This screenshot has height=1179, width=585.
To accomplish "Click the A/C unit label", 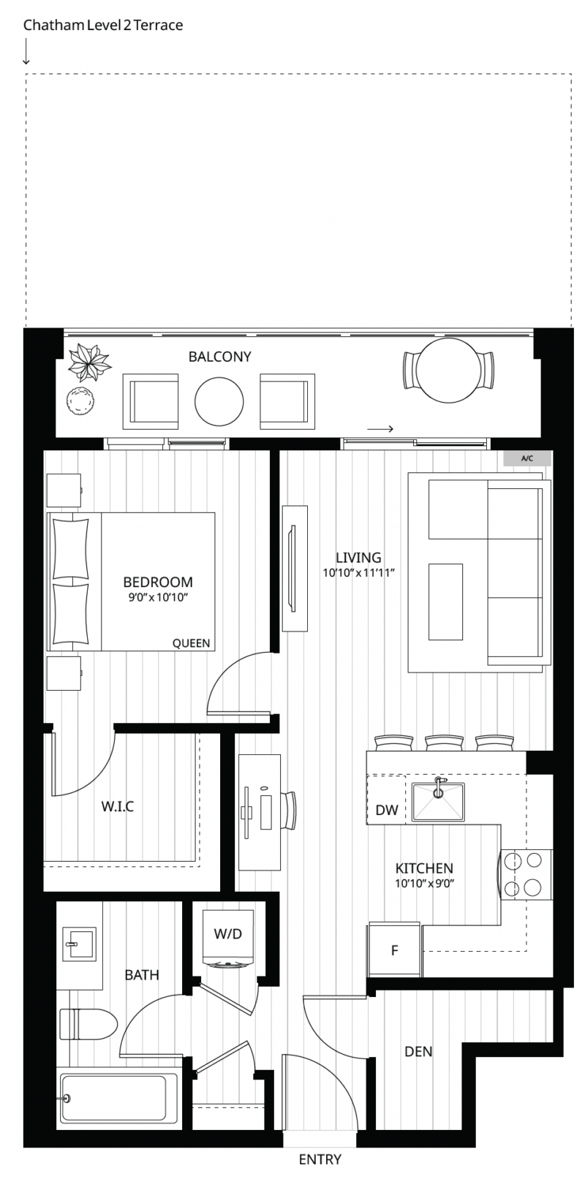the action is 527,458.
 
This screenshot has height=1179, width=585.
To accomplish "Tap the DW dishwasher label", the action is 387,810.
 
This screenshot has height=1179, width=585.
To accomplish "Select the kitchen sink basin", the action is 438,802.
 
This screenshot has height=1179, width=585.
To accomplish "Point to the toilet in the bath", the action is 88,1025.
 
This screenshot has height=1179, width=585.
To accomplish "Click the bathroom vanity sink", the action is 80,944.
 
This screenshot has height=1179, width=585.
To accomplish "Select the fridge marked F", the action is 394,950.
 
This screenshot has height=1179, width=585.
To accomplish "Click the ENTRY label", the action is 320,1159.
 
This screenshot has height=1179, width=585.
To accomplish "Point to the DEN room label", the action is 418,1052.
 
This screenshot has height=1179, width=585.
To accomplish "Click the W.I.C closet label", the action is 118,806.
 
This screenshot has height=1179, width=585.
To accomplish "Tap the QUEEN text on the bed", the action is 191,643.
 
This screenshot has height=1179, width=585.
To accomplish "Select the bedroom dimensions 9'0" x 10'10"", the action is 158,597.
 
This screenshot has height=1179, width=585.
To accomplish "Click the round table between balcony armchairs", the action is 219,401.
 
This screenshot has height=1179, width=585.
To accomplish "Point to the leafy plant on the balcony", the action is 89,362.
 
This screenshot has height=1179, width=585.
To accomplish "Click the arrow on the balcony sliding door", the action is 380,429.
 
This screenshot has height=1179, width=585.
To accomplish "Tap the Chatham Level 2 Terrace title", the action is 103,26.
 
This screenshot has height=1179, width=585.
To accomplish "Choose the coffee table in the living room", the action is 445,602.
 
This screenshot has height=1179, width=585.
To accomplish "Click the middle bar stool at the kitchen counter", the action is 444,743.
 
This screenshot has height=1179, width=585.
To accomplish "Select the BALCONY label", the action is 219,357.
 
